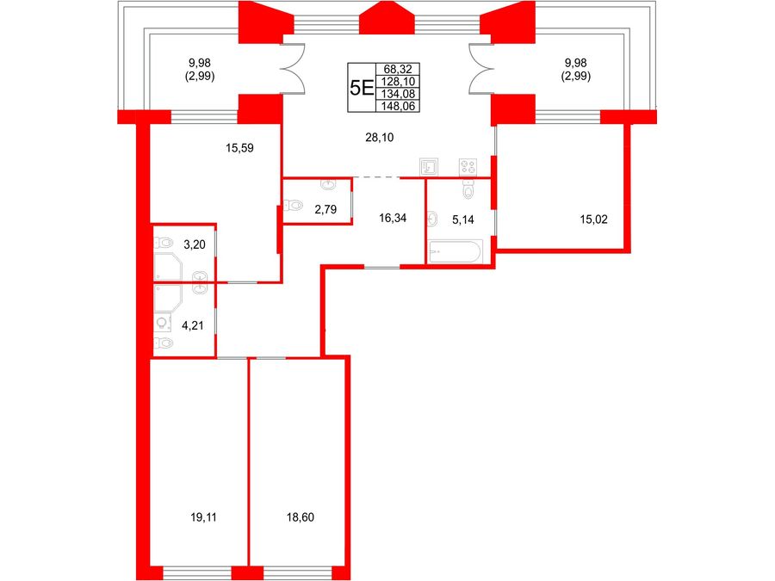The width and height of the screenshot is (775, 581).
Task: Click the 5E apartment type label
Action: pyautogui.click(x=361, y=88)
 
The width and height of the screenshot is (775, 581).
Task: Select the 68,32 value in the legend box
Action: pyautogui.click(x=398, y=69)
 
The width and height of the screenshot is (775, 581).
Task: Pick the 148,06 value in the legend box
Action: pyautogui.click(x=398, y=106)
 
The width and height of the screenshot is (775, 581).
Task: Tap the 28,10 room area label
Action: pyautogui.click(x=380, y=138)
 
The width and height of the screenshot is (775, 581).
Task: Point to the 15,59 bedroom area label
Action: pyautogui.click(x=239, y=148)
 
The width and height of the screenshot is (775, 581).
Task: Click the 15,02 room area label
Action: pyautogui.click(x=593, y=219)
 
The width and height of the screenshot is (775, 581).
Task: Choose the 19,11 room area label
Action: pyautogui.click(x=203, y=517)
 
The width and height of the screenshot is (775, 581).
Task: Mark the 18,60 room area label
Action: pyautogui.click(x=300, y=517)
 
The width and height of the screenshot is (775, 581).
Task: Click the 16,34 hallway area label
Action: pyautogui.click(x=393, y=218)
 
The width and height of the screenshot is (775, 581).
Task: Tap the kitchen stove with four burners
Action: pyautogui.click(x=468, y=167)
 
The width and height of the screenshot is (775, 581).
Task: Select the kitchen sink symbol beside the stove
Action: pyautogui.click(x=429, y=167)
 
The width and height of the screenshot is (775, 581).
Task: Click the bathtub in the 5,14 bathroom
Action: pyautogui.click(x=455, y=251)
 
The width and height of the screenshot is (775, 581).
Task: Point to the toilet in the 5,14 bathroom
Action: pyautogui.click(x=468, y=189)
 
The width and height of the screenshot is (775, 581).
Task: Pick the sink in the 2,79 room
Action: pyautogui.click(x=329, y=185)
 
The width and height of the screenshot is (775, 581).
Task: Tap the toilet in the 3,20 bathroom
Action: pyautogui.click(x=163, y=243)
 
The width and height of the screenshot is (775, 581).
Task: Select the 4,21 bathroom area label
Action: pyautogui.click(x=193, y=325)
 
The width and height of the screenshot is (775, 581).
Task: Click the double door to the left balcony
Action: pyautogui.click(x=293, y=68)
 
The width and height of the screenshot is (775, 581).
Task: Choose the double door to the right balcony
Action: pyautogui.click(x=481, y=68)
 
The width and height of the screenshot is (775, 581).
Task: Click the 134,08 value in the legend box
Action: pyautogui.click(x=398, y=94)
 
